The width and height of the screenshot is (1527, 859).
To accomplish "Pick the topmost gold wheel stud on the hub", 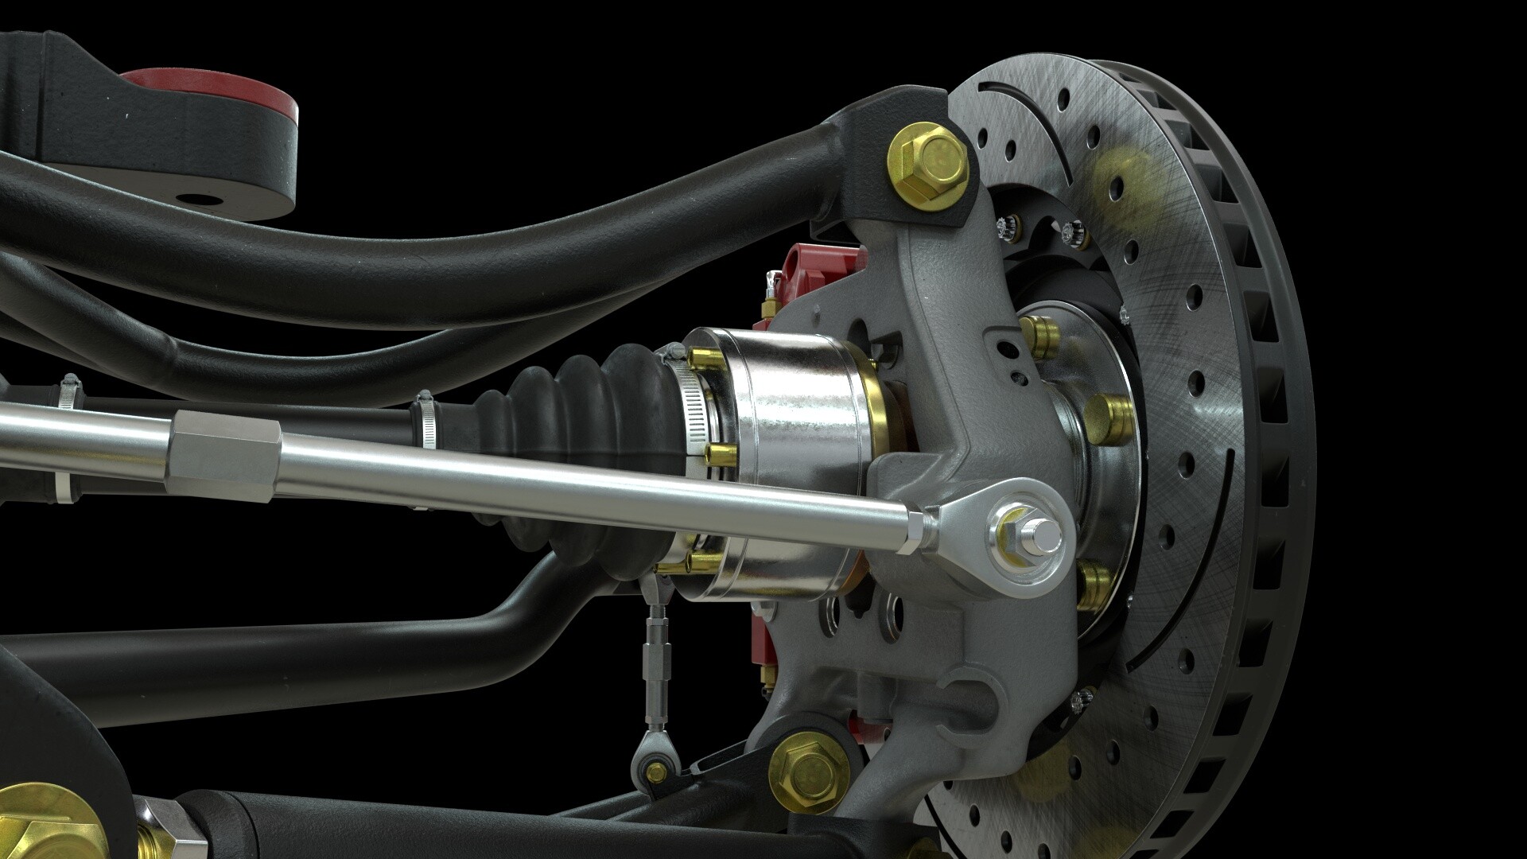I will [x=1036, y=327].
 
